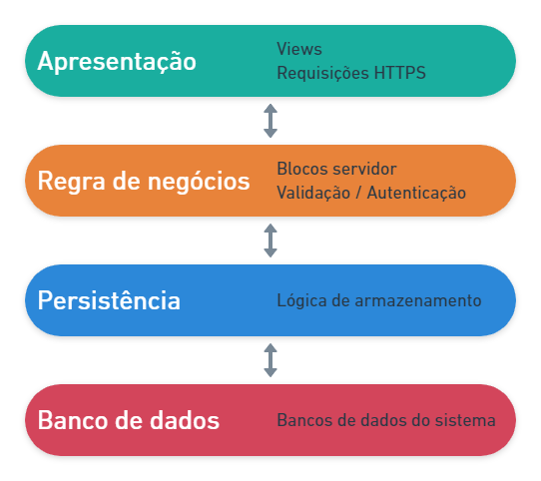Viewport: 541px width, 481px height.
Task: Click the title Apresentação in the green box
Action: (117, 62)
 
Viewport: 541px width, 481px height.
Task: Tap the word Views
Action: (299, 49)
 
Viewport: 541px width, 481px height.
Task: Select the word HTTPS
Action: (400, 73)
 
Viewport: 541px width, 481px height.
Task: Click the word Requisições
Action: (323, 74)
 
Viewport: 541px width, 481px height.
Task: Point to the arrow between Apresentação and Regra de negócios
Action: (270, 121)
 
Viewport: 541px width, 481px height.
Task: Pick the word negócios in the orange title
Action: (199, 182)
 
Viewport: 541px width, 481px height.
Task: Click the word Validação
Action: (313, 193)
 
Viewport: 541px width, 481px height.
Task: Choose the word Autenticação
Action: (416, 193)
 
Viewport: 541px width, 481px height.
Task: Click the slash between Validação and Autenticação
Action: (358, 193)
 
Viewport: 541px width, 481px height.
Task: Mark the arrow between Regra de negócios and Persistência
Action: (270, 240)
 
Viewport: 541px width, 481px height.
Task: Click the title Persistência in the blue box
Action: (109, 300)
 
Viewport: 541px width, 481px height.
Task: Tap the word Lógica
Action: (301, 301)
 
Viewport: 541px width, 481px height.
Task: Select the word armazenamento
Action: (418, 301)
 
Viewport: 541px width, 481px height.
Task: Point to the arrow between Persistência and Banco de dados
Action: (270, 360)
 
